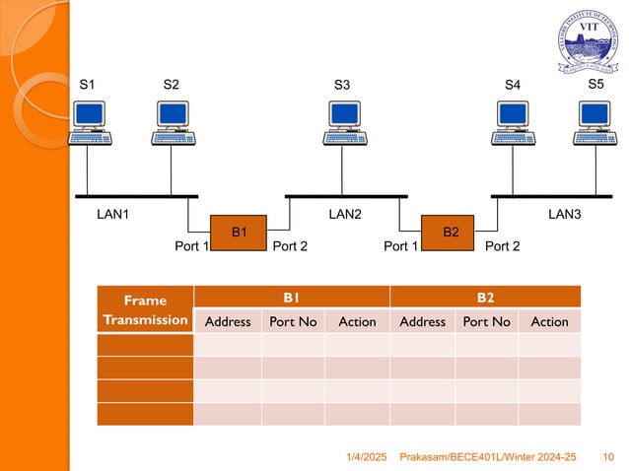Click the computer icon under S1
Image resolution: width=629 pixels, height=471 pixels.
point(88,124)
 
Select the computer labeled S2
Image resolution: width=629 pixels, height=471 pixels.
point(172,124)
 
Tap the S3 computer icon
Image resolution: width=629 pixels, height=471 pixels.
point(342,124)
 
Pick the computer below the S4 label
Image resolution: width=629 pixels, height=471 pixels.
point(512,124)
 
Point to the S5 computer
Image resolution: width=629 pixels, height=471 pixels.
point(595,124)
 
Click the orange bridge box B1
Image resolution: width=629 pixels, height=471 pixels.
point(239,233)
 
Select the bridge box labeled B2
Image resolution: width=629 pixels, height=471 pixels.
point(451,233)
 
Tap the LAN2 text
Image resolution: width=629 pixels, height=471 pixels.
point(345,214)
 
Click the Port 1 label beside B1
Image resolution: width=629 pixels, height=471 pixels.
point(191,246)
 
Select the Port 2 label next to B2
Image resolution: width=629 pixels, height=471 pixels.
point(502,246)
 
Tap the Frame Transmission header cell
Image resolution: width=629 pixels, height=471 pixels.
point(145,309)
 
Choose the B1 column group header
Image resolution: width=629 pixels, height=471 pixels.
point(292,297)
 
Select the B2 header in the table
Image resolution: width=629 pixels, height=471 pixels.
point(485,297)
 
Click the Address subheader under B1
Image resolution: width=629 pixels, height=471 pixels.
point(227,321)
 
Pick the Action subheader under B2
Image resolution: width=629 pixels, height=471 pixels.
point(549,321)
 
